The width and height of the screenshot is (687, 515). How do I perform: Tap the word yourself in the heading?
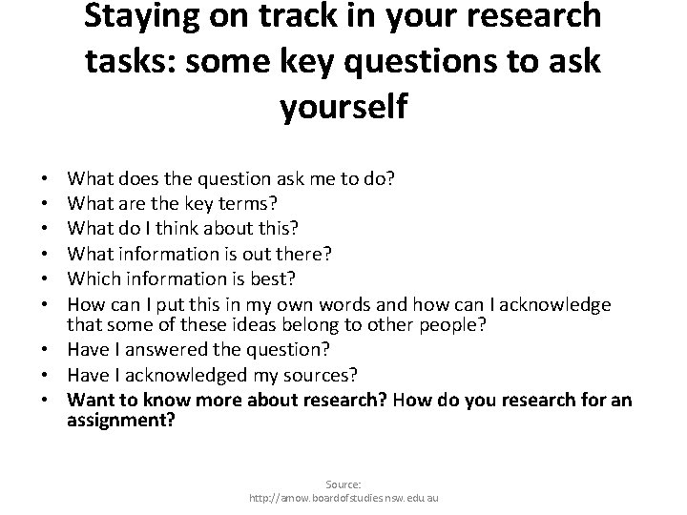[x=343, y=106]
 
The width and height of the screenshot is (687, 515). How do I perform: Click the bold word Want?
[x=90, y=400]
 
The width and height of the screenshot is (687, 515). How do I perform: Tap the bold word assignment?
[x=121, y=419]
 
